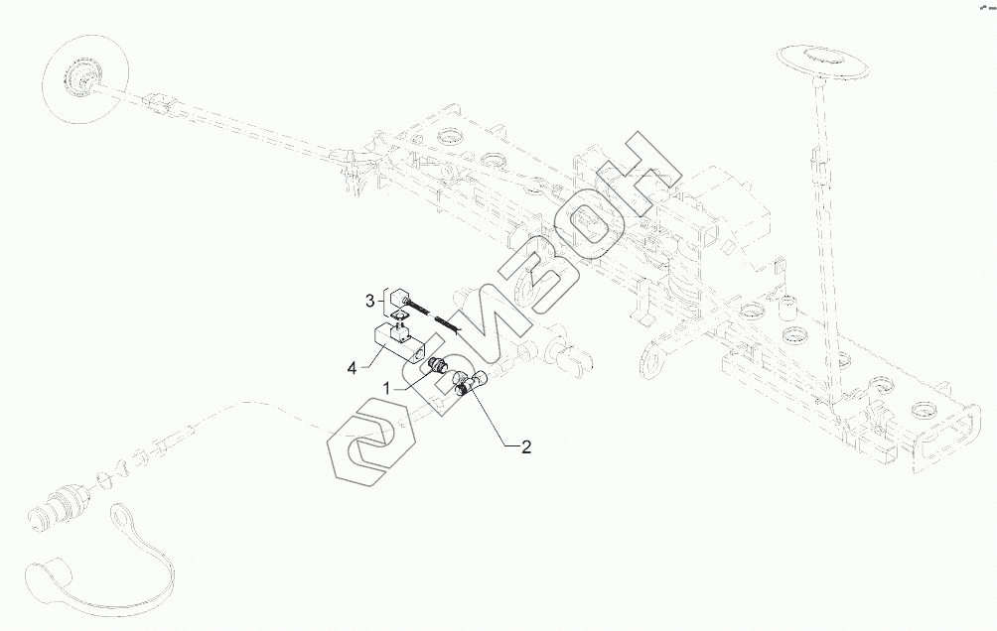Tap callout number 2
526,447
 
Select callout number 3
368,299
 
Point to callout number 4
352,368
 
